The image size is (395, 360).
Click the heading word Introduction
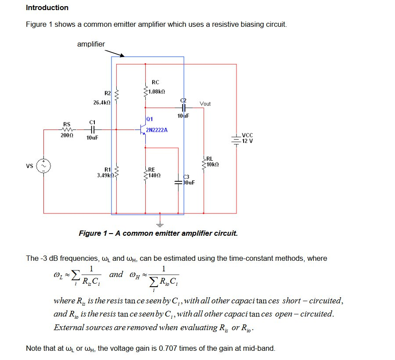(47, 7)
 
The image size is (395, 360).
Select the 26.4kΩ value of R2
(102, 102)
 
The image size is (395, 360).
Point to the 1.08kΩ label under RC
(156, 92)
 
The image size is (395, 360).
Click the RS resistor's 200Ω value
(67, 137)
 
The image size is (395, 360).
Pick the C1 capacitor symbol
(92, 130)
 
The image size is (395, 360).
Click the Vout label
(205, 104)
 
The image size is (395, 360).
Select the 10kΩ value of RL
(212, 165)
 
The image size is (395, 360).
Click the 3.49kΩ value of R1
(105, 175)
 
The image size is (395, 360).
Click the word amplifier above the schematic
(91, 44)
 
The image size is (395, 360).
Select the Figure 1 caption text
(158, 233)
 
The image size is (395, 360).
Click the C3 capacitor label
(186, 176)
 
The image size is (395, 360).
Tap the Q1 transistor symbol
(141, 130)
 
